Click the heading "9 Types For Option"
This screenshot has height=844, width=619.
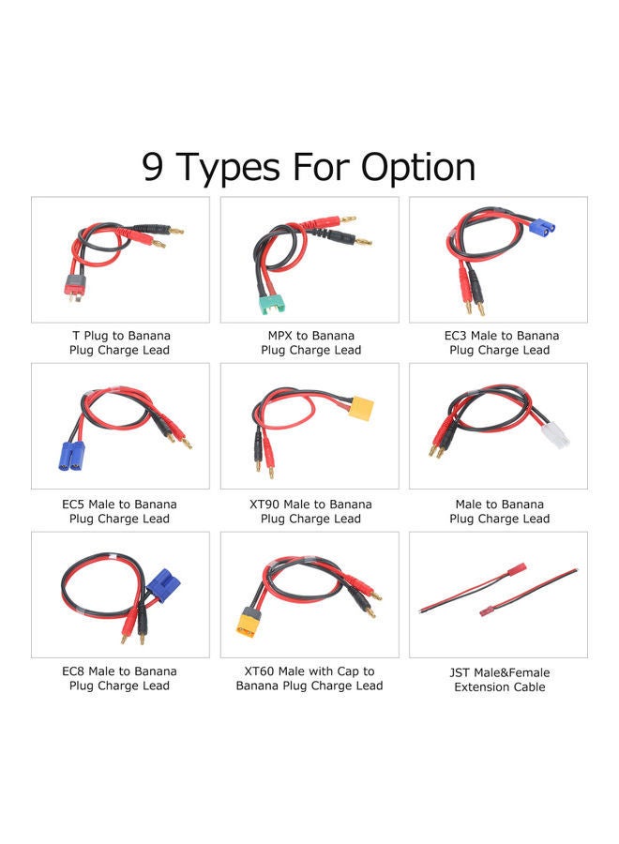tap(309, 167)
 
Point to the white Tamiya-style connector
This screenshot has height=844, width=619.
tap(557, 432)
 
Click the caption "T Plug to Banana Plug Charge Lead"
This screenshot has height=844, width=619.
tap(120, 342)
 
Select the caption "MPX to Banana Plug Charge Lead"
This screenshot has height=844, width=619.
tap(310, 342)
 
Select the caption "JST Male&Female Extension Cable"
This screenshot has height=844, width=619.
tap(500, 679)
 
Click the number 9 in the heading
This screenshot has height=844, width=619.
tap(154, 167)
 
